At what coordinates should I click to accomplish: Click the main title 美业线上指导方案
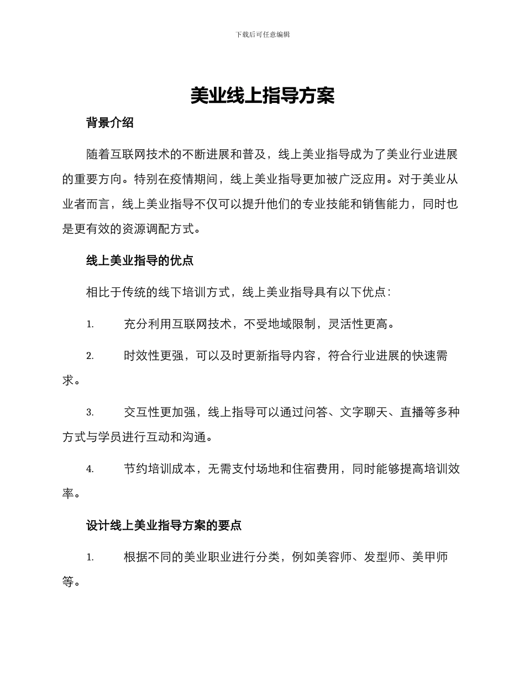pyautogui.click(x=262, y=96)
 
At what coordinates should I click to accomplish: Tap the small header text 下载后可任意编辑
pyautogui.click(x=262, y=34)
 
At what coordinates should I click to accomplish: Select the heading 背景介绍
pyautogui.click(x=110, y=123)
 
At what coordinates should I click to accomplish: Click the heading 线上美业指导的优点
pyautogui.click(x=140, y=260)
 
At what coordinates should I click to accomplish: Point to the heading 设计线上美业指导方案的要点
pyautogui.click(x=164, y=526)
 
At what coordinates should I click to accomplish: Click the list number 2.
pyautogui.click(x=90, y=357)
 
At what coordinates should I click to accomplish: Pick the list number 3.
pyautogui.click(x=90, y=413)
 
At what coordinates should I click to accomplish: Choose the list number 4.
pyautogui.click(x=90, y=469)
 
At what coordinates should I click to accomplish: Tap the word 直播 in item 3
pyautogui.click(x=399, y=412)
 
